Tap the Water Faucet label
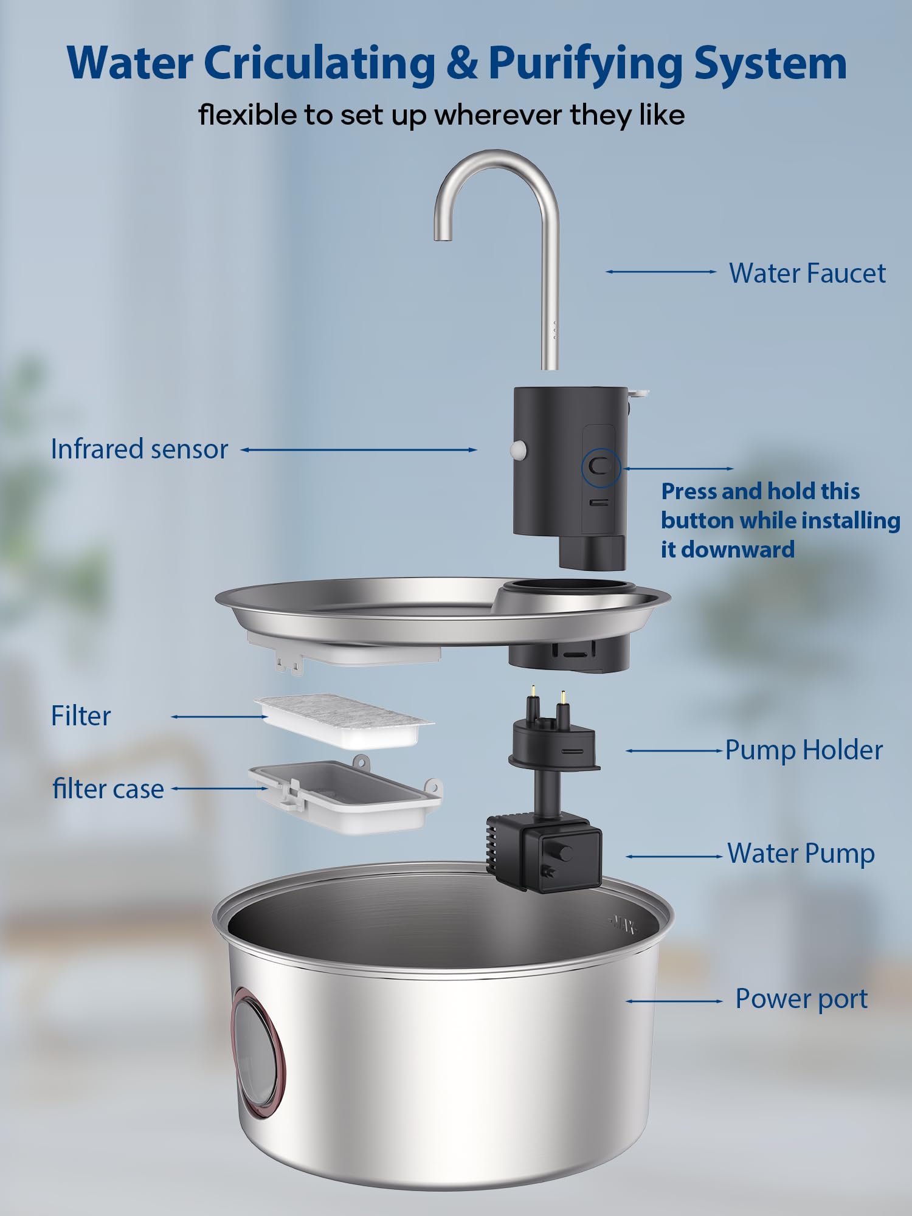[x=807, y=273]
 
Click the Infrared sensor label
[x=139, y=449]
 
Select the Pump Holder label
[x=803, y=750]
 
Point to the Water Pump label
[x=801, y=854]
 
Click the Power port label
[x=801, y=999]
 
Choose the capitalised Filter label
[x=81, y=716]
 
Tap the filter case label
[x=108, y=789]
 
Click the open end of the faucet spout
[x=443, y=239]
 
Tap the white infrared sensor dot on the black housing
[x=519, y=450]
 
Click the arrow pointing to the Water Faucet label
[x=661, y=272]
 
